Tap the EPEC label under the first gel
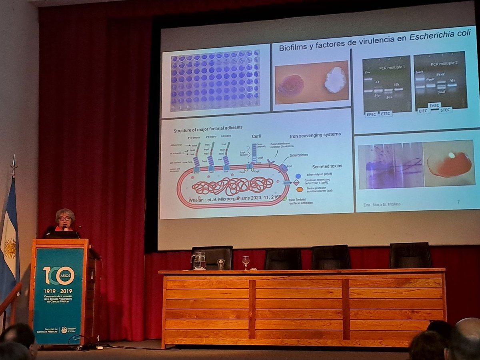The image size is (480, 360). pos(372,114)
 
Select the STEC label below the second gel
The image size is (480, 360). pos(445,110)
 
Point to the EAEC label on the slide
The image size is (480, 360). pos(434,106)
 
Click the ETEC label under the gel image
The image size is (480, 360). pos(386,114)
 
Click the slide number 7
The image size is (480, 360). pos(458,202)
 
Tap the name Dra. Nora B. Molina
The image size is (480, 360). pos(382,204)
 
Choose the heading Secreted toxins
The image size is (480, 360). pos(327,166)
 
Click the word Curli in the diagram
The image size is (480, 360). pos(256,136)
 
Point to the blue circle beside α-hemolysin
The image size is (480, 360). pos(298,176)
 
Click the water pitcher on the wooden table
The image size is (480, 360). pos(199,261)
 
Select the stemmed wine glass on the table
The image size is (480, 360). pos(246,262)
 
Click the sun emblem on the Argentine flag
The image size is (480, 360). pos(10,248)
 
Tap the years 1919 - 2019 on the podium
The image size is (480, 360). pos(58,291)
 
